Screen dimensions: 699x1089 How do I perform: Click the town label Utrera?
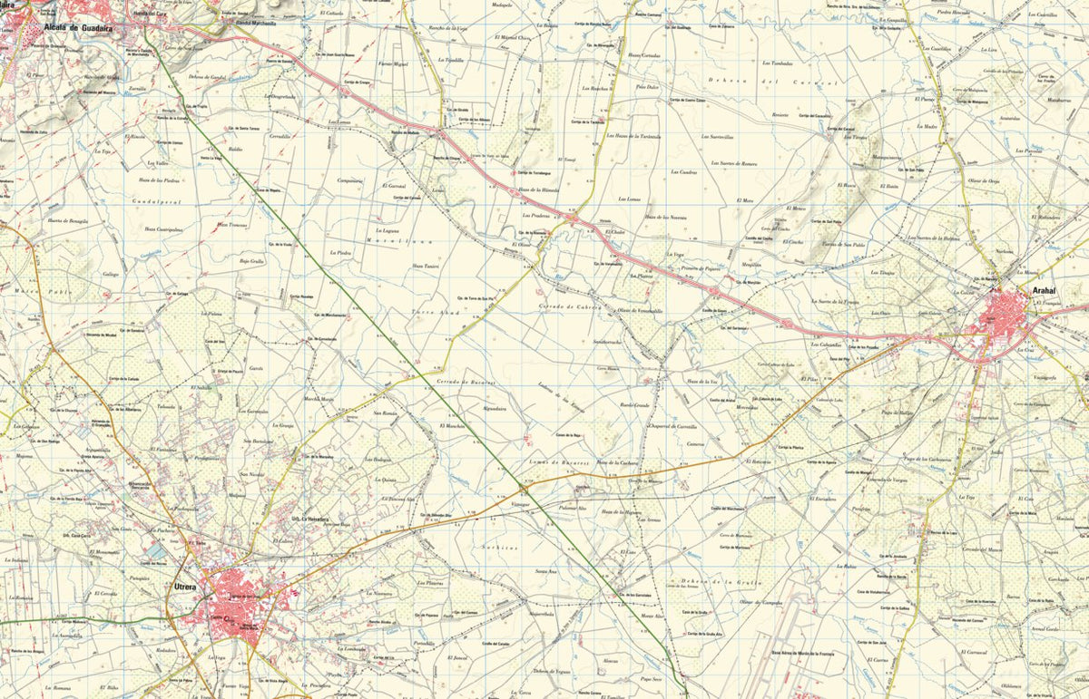pos(185,587)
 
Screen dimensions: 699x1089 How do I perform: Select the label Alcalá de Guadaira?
pos(77,27)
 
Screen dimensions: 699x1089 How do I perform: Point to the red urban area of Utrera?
pos(238,602)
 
